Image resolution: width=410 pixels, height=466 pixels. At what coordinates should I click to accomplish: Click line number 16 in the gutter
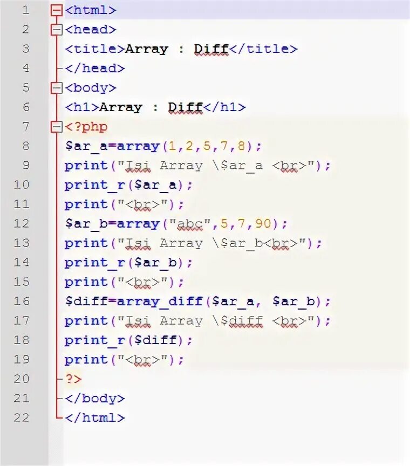tap(22, 301)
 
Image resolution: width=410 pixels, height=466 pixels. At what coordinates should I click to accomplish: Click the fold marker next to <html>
tap(56, 10)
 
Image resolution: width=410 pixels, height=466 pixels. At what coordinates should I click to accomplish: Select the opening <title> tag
tap(95, 49)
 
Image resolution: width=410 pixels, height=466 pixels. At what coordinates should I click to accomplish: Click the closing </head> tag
tap(95, 68)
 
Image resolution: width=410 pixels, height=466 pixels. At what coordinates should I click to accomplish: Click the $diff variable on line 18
tap(164, 340)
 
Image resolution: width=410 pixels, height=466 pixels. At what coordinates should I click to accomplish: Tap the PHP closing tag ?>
tap(73, 379)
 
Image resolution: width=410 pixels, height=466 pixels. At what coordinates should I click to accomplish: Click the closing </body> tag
tap(95, 399)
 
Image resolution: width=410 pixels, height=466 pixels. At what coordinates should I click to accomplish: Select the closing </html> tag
tap(95, 418)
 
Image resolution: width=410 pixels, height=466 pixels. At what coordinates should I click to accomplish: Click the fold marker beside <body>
tap(56, 88)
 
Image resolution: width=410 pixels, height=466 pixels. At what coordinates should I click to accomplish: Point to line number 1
tap(25, 10)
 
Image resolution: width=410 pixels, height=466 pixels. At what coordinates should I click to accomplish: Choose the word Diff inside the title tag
tap(211, 49)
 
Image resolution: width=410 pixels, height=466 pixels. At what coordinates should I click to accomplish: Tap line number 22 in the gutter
tap(22, 418)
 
